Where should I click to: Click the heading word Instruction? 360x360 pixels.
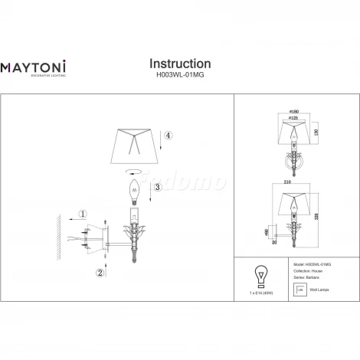point(179,64)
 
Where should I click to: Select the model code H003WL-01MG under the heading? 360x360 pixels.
point(179,76)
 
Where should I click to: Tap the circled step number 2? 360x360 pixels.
point(100,272)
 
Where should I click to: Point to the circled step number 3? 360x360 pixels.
point(157,187)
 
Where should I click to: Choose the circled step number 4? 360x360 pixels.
point(169,137)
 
